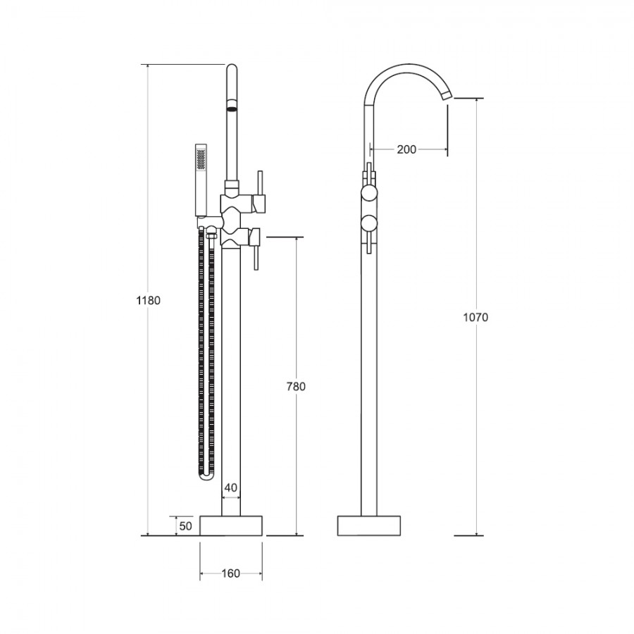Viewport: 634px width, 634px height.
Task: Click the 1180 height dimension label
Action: click(x=149, y=300)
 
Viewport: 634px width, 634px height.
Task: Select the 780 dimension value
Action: click(x=296, y=387)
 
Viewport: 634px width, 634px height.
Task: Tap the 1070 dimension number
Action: click(x=475, y=318)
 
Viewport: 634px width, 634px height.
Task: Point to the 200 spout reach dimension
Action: click(x=406, y=149)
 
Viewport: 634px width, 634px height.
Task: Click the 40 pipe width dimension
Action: click(x=231, y=487)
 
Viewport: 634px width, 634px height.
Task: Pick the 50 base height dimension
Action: click(x=185, y=526)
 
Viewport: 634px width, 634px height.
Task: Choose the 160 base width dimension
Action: click(x=231, y=573)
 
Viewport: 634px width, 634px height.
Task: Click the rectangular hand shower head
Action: click(x=201, y=180)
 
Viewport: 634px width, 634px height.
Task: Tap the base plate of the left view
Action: click(x=231, y=526)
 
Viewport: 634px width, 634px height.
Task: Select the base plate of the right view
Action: click(x=368, y=526)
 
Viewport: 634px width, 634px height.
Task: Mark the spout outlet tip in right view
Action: click(x=447, y=95)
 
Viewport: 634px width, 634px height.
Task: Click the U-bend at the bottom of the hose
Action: click(x=206, y=476)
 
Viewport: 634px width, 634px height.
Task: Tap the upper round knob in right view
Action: click(x=368, y=192)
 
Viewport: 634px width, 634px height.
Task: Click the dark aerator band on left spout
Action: click(x=231, y=108)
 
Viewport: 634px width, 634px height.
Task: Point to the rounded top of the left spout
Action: click(x=231, y=67)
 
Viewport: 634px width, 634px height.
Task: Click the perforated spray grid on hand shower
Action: click(x=201, y=159)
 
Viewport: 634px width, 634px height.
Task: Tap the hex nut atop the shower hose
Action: click(x=211, y=235)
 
